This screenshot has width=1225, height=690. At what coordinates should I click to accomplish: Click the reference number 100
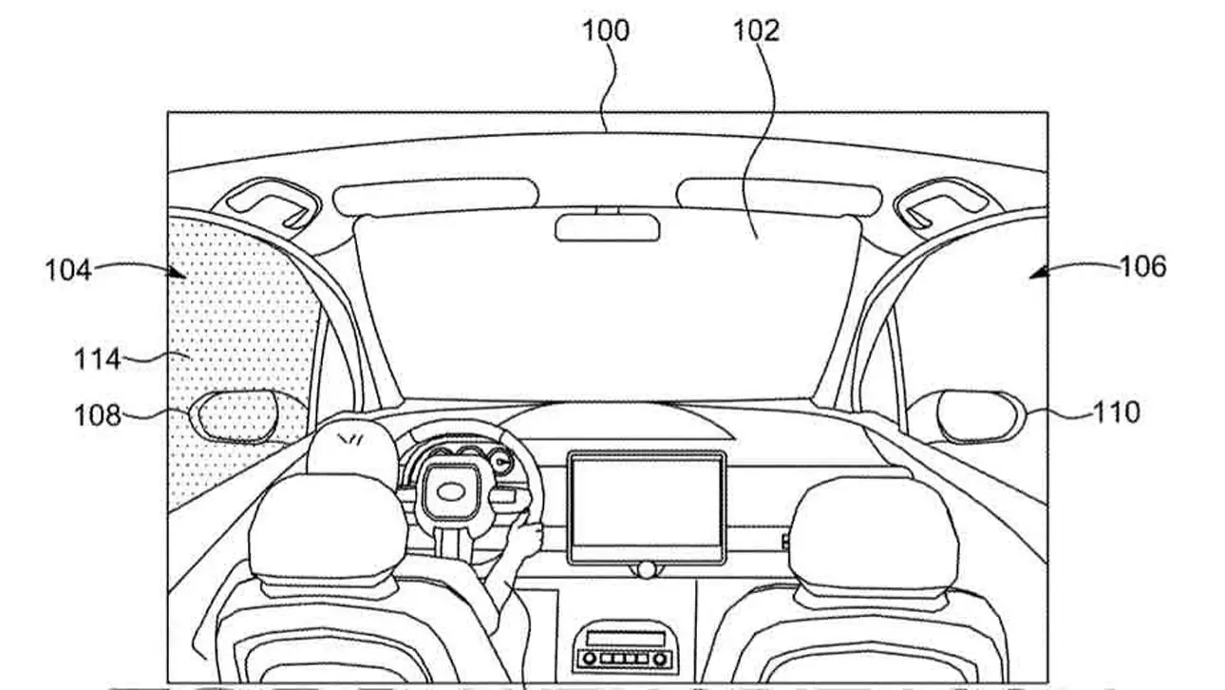[x=606, y=30]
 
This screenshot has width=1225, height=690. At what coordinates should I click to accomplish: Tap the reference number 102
[x=756, y=30]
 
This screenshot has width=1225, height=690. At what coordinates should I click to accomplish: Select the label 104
[x=67, y=270]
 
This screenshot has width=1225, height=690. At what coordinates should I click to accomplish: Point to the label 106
[x=1143, y=266]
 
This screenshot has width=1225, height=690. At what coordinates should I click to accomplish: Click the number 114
[x=98, y=359]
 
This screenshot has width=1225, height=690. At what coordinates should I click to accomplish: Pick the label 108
[x=98, y=415]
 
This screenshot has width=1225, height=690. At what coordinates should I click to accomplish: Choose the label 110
[x=1116, y=412]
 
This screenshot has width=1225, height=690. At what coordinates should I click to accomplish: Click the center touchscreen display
[x=647, y=508]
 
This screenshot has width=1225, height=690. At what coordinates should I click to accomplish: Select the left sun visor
[x=436, y=196]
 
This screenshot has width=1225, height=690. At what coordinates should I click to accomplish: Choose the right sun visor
[x=780, y=196]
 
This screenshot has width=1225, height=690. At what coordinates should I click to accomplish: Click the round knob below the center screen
[x=647, y=570]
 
